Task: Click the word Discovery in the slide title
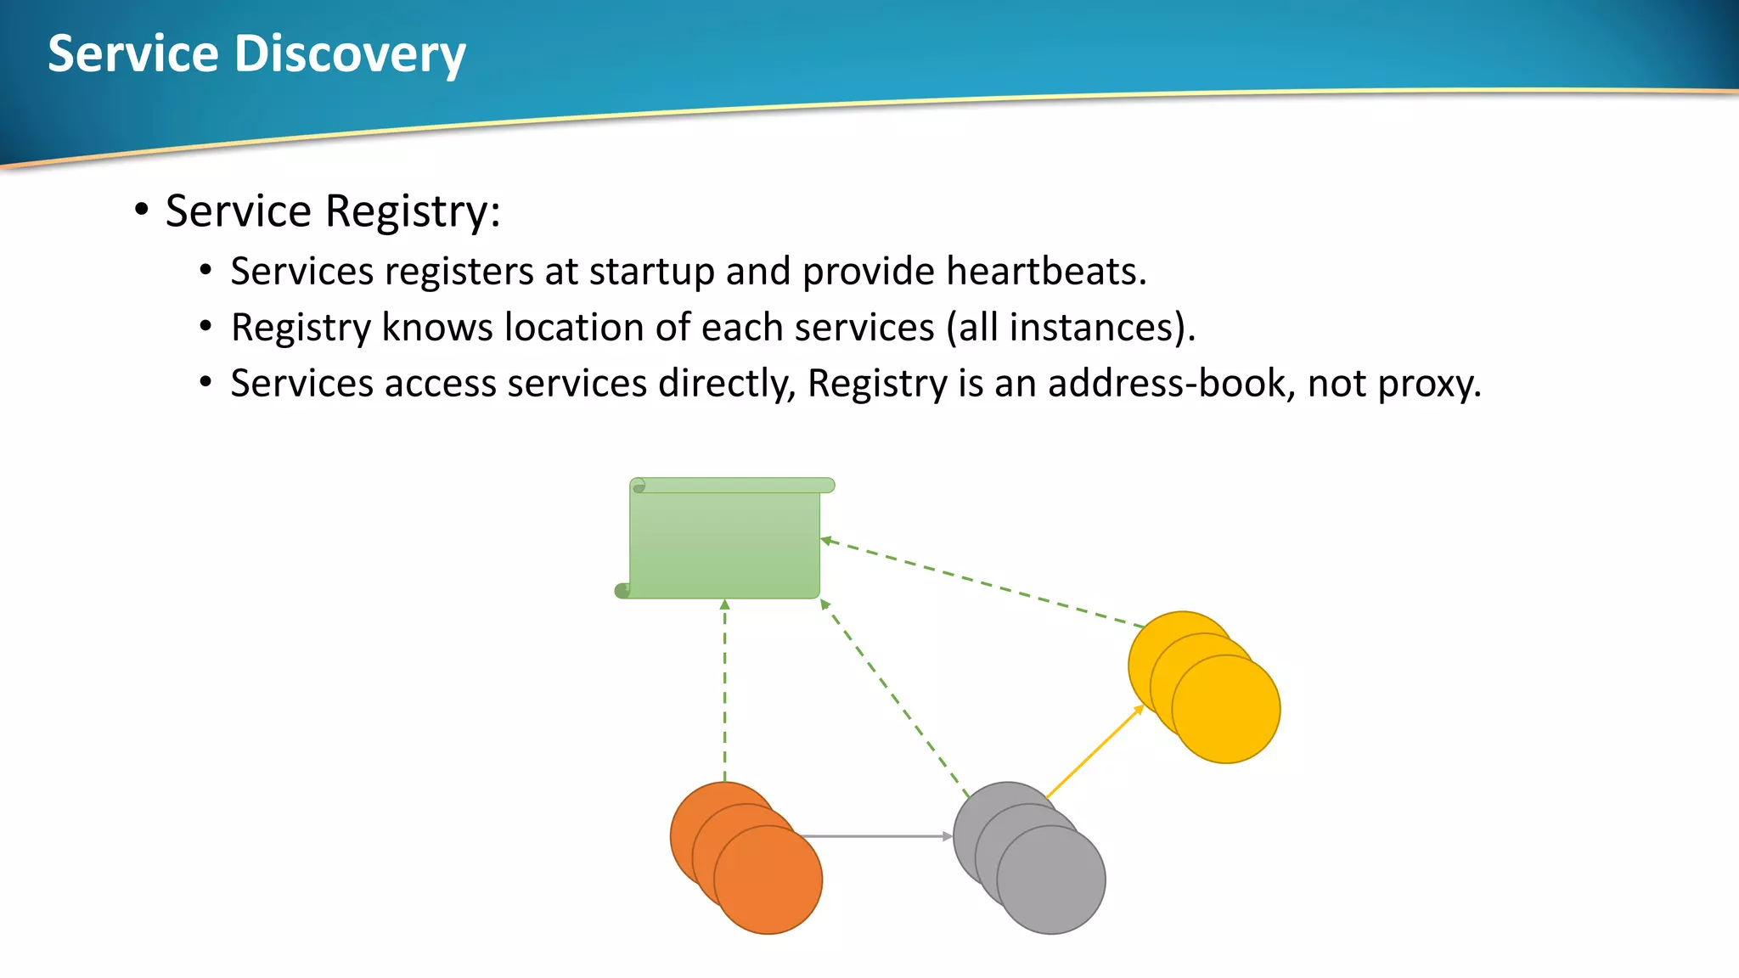click(x=350, y=54)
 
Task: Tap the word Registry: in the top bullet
click(x=413, y=211)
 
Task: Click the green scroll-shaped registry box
click(x=724, y=543)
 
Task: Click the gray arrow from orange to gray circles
click(x=875, y=836)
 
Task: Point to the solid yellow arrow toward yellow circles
click(x=1095, y=750)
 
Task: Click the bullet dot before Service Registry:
click(x=142, y=209)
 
